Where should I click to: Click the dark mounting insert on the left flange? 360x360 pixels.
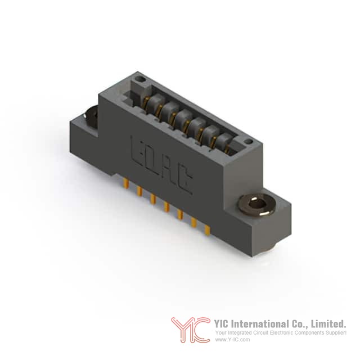[x=91, y=115]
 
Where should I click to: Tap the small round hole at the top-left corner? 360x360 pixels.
[x=141, y=80]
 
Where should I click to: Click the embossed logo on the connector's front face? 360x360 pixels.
[x=161, y=165]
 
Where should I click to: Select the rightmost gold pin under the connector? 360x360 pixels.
[x=208, y=230]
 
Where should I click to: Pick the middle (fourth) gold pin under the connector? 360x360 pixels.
[x=166, y=206]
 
